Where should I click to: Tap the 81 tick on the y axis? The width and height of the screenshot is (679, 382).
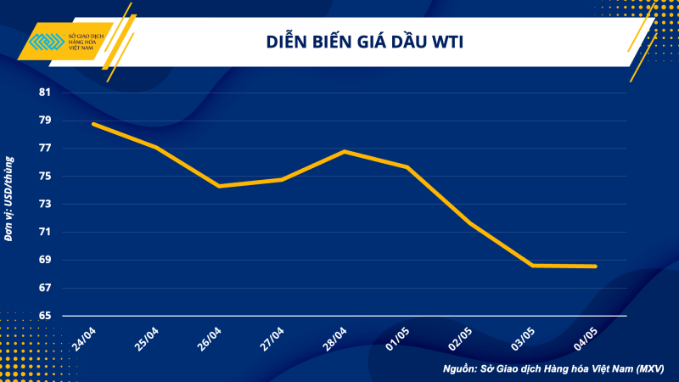[x=45, y=93]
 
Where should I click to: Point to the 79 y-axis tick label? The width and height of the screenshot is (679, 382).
[x=45, y=121]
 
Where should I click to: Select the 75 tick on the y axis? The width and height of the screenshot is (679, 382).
[x=45, y=177]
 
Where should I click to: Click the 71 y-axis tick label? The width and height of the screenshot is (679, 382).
[x=45, y=232]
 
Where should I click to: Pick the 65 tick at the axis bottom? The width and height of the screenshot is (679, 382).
[x=45, y=316]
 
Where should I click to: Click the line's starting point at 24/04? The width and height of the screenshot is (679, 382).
[x=93, y=124]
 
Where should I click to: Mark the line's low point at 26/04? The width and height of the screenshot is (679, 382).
[x=219, y=186]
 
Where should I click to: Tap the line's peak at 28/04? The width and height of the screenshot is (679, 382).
[x=345, y=151]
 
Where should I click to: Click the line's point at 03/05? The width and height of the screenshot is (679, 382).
[x=533, y=265]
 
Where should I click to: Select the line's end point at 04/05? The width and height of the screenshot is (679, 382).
[x=596, y=266]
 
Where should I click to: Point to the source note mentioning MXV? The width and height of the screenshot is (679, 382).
[x=553, y=369]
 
